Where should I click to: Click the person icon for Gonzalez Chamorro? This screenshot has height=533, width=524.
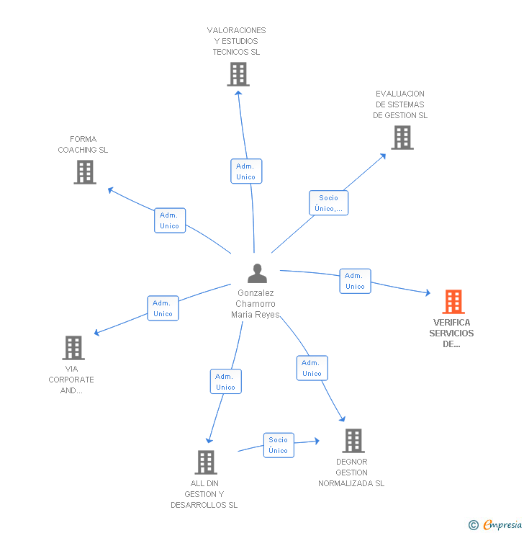point(257,274)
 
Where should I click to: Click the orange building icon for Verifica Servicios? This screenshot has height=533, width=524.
point(453,302)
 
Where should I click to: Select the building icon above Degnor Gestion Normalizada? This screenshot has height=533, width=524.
point(353,440)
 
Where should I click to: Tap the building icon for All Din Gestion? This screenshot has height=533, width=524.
point(206,462)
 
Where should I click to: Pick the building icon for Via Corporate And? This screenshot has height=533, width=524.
point(73,348)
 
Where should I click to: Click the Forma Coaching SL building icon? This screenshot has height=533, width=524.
point(85,172)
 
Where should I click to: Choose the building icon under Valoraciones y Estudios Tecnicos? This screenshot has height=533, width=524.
point(238,74)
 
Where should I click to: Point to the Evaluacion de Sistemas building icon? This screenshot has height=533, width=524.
point(402,138)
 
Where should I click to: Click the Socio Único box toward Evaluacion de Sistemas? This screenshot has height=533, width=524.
point(329,203)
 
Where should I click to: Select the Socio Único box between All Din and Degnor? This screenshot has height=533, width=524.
point(279,445)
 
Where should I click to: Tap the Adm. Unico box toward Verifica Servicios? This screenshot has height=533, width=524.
point(355,281)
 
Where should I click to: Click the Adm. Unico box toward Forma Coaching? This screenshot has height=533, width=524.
point(170,220)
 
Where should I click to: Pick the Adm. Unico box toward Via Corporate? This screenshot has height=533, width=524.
point(163,308)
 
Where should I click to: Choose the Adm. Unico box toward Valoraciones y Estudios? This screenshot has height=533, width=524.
point(245,171)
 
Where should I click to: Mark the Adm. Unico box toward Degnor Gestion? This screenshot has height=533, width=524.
point(312,368)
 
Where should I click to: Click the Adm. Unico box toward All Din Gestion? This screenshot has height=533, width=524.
point(225,382)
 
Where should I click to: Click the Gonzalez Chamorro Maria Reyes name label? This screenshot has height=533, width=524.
point(256,303)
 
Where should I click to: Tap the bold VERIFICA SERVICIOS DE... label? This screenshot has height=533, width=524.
point(451,333)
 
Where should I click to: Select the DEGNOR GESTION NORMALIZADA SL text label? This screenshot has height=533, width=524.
point(351,472)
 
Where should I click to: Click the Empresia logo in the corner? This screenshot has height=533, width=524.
point(496,524)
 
